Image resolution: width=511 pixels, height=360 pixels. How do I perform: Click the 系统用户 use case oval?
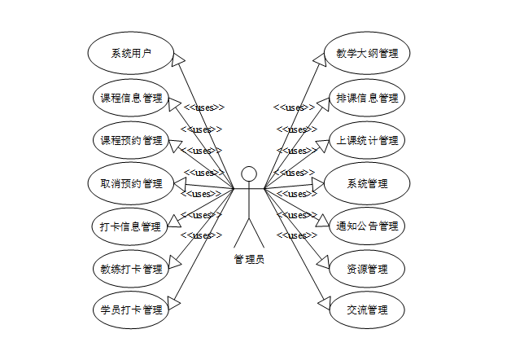click(131, 55)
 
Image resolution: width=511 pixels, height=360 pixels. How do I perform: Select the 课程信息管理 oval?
click(131, 99)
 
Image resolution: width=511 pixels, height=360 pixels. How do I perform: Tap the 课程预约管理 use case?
click(131, 140)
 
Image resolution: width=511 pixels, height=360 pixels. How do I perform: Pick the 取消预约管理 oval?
click(131, 182)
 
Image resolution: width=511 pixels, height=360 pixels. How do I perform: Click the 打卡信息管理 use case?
click(131, 226)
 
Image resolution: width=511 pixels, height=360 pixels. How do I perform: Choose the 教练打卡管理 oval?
click(131, 269)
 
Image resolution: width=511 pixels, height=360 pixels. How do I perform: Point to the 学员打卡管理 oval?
click(131, 310)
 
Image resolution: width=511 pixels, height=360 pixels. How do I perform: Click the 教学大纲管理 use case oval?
click(367, 54)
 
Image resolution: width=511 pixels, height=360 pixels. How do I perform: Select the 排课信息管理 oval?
click(367, 99)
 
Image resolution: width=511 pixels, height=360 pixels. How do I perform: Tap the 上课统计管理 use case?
click(367, 140)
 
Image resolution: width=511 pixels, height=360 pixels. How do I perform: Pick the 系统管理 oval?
click(367, 182)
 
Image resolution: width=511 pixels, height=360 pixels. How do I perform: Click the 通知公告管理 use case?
click(367, 226)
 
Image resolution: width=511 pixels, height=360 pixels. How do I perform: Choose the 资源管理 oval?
click(367, 269)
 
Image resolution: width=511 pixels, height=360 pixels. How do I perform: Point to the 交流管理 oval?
click(367, 310)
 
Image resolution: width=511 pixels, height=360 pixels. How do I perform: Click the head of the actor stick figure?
click(249, 173)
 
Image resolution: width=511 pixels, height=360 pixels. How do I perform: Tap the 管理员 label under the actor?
click(249, 260)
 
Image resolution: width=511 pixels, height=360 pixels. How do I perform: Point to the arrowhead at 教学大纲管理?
click(320, 56)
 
